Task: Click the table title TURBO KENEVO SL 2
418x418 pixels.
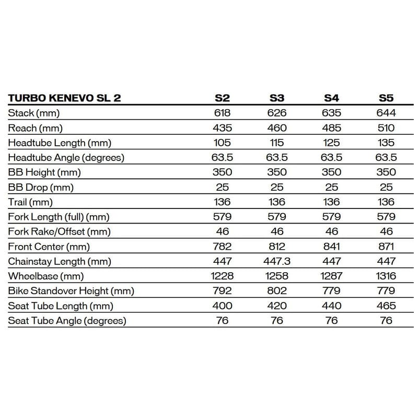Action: click(64, 98)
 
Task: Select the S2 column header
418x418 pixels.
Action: click(222, 98)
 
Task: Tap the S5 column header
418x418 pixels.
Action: click(386, 98)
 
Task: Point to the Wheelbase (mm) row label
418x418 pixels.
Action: click(46, 276)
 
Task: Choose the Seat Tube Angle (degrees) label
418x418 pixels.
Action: click(67, 320)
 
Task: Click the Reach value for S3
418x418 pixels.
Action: click(277, 127)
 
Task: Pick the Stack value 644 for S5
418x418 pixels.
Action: click(386, 113)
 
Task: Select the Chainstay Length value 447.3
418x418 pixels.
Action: click(277, 261)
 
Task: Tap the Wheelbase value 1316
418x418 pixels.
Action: click(386, 276)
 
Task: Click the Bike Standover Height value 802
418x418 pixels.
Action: click(277, 291)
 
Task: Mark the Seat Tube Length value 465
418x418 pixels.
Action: click(386, 306)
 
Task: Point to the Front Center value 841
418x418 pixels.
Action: click(332, 247)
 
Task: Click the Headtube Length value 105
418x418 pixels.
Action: click(222, 143)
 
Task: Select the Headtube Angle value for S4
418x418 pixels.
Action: click(332, 157)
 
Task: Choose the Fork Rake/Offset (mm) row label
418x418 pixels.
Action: click(60, 231)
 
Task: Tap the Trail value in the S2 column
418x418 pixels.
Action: click(222, 202)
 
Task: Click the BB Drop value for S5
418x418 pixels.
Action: click(386, 187)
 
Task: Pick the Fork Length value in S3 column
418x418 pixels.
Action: click(277, 217)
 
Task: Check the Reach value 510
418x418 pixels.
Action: click(386, 127)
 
